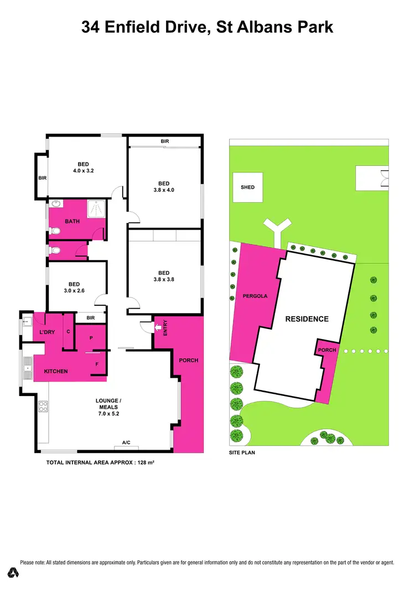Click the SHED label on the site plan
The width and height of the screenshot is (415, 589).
(x=247, y=187)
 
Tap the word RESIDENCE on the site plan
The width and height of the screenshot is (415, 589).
(x=307, y=319)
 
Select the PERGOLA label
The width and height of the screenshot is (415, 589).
(x=255, y=296)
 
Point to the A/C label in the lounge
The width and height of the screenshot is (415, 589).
(x=126, y=442)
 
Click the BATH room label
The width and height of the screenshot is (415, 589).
(x=72, y=221)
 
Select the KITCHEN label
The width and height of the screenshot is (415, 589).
(x=55, y=371)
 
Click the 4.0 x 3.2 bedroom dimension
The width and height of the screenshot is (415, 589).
(x=84, y=171)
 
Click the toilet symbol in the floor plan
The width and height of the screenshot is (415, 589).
(x=55, y=251)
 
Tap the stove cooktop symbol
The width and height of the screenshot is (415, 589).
(x=43, y=408)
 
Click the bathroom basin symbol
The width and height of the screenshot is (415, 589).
(x=55, y=204)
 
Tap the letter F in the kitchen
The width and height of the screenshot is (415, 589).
(x=97, y=364)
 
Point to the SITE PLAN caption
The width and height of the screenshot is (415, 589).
(x=242, y=452)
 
